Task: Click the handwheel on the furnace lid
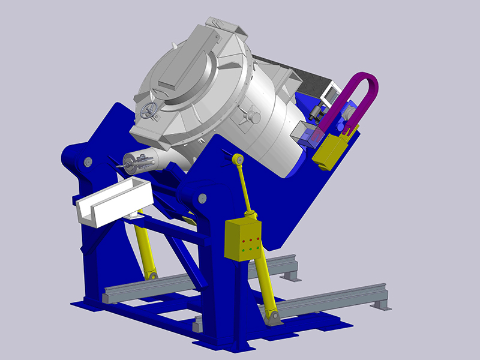tap(149, 110)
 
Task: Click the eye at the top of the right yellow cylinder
tap(238, 160)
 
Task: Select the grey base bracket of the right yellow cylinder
tap(274, 317)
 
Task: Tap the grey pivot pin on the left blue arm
tap(88, 161)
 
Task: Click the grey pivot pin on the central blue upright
tap(202, 197)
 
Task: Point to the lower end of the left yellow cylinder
tap(152, 274)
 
